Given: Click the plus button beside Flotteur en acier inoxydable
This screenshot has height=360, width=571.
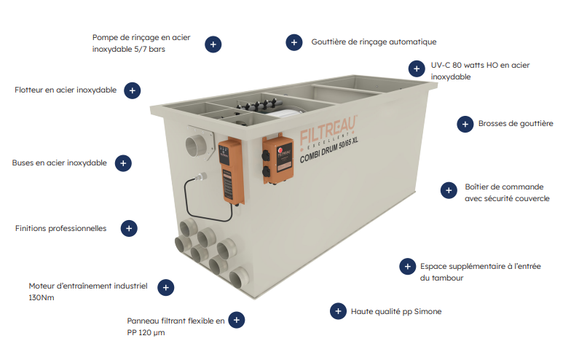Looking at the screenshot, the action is pyautogui.click(x=133, y=90).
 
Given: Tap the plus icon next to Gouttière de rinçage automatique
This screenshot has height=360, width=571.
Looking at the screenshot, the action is pyautogui.click(x=294, y=42).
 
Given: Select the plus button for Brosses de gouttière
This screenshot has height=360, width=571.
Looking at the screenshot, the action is pyautogui.click(x=465, y=124).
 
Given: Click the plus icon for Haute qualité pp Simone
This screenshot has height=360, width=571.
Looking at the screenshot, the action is pyautogui.click(x=338, y=311).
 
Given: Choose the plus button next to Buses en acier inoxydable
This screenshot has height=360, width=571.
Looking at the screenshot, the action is pyautogui.click(x=123, y=163).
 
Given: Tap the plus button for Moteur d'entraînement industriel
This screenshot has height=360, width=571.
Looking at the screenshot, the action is pyautogui.click(x=166, y=287).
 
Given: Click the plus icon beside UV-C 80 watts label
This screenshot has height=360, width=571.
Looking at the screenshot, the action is pyautogui.click(x=417, y=69).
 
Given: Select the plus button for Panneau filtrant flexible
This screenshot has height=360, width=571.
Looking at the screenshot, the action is pyautogui.click(x=236, y=320).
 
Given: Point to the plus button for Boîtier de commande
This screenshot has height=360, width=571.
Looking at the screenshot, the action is pyautogui.click(x=449, y=190).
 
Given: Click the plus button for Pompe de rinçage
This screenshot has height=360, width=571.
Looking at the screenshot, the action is pyautogui.click(x=213, y=44).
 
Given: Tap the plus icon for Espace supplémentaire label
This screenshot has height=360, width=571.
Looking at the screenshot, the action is pyautogui.click(x=408, y=267).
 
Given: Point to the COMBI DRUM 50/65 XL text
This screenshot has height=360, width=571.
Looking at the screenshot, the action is pyautogui.click(x=329, y=150).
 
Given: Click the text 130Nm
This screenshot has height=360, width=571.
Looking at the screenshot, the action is pyautogui.click(x=42, y=297).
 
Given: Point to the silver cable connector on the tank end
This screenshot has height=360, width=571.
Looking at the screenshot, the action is pyautogui.click(x=201, y=177).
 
